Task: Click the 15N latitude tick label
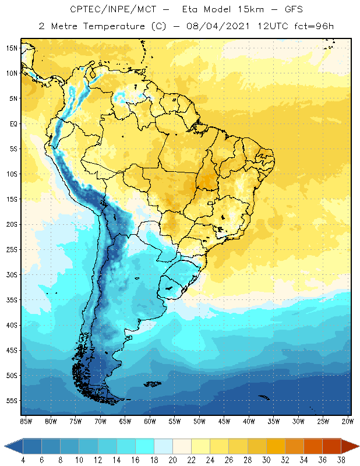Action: tap(12, 48)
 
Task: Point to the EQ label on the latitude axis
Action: tap(13, 123)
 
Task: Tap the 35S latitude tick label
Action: tap(12, 300)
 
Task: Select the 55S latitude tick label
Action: tap(12, 401)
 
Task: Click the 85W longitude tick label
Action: tap(26, 421)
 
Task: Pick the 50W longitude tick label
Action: tap(199, 421)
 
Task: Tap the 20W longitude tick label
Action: tap(348, 421)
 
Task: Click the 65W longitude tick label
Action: tap(125, 421)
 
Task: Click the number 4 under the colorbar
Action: tap(23, 460)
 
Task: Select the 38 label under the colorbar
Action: tap(341, 460)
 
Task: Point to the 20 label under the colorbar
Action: tap(173, 460)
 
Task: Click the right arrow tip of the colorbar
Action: tap(358, 446)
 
